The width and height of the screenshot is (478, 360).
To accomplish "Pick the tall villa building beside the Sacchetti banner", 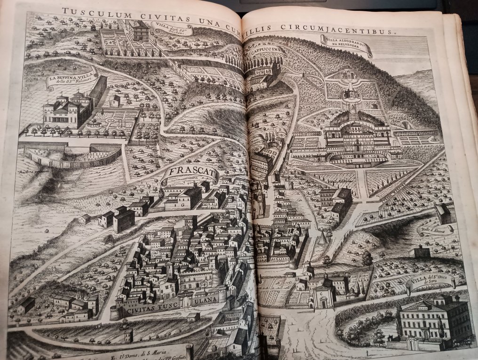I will click(x=139, y=31).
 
